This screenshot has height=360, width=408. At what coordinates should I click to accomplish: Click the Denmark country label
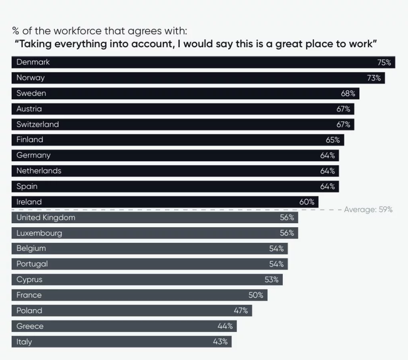33,62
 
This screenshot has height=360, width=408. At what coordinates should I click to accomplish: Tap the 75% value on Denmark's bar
384,62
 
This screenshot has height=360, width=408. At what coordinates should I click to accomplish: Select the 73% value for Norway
374,78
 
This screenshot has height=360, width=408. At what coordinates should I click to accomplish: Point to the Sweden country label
31,93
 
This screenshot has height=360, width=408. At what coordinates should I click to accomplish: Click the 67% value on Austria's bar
343,109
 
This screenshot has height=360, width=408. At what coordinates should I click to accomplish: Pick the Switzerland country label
38,124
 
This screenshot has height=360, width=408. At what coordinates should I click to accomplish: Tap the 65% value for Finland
333,140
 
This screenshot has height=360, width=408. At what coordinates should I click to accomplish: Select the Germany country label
34,155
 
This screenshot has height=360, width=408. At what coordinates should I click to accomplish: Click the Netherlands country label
39,171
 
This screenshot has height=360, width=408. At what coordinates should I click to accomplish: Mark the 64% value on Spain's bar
327,186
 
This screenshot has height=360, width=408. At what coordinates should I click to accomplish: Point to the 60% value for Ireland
307,202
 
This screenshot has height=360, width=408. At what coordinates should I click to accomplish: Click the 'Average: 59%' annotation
368,209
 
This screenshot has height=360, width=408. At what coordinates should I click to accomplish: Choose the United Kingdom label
46,218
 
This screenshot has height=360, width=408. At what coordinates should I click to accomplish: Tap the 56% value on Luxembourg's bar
287,233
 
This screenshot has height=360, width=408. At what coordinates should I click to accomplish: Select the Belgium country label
31,248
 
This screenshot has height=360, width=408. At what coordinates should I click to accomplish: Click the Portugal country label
32,264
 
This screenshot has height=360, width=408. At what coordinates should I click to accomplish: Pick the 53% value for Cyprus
271,280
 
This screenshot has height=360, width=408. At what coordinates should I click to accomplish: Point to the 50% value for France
256,295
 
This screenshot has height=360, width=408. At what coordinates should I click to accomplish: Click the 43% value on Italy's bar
220,342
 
